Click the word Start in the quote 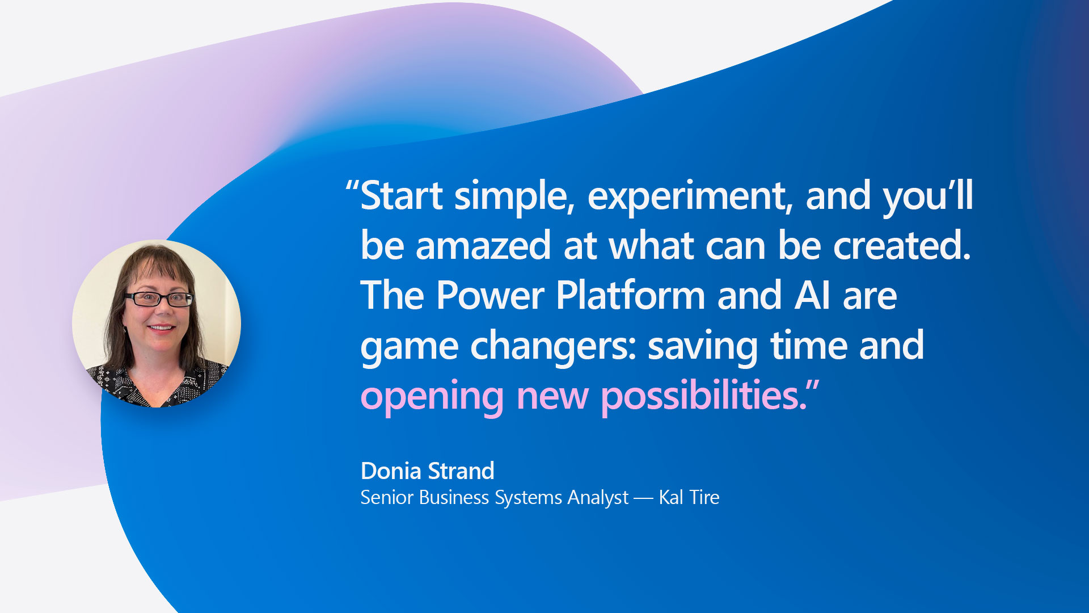(x=402, y=196)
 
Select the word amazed (x=483, y=245)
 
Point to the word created (x=902, y=245)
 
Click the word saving (x=703, y=346)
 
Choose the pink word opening (x=432, y=397)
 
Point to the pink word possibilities (x=704, y=396)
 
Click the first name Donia (x=391, y=471)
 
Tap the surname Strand (x=461, y=471)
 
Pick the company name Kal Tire (x=689, y=498)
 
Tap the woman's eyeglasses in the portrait (x=159, y=299)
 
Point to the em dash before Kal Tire (x=644, y=499)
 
